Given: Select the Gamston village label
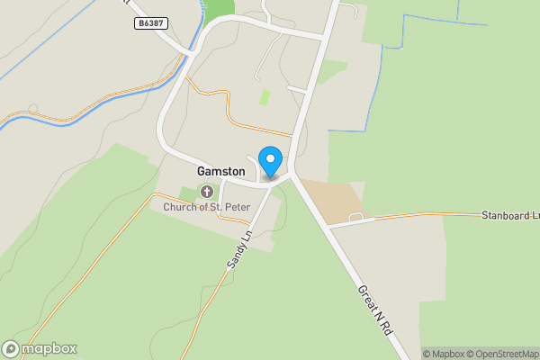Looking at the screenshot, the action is point(220,171).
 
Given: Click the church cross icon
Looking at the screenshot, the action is point(207,192).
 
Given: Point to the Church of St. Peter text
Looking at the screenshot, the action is point(205,207).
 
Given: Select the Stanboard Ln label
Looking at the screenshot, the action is point(509,216).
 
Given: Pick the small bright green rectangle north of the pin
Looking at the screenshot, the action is point(265,97).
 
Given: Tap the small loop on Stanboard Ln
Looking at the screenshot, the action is point(356,218).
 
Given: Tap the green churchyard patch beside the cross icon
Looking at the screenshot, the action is point(189,193).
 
